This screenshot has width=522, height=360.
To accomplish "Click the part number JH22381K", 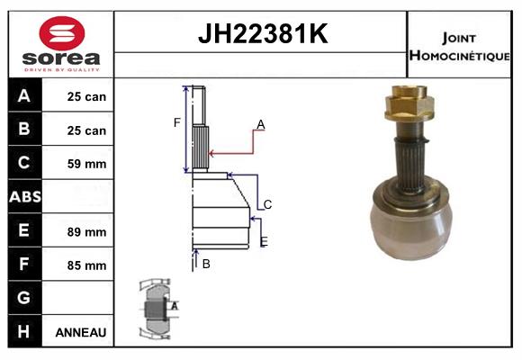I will [261, 35].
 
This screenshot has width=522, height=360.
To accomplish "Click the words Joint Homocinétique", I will [460, 45].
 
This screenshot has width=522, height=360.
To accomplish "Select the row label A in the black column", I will [24, 96].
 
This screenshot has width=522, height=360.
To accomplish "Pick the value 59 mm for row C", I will [86, 164].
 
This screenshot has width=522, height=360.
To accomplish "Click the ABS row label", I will [24, 197].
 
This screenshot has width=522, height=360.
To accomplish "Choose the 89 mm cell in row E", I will [86, 231].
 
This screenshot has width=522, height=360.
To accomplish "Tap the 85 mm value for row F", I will [86, 265].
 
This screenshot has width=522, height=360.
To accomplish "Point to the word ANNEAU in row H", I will [81, 332].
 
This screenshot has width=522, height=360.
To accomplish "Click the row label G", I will [24, 298].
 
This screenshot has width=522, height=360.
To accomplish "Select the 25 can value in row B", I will [86, 130].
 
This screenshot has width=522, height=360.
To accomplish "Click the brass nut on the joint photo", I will [410, 105].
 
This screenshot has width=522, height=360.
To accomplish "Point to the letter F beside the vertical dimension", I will [177, 122].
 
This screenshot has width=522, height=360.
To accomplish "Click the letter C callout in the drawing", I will [267, 204].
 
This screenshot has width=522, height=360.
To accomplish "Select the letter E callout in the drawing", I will [263, 241].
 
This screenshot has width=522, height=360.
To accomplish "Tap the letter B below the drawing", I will [206, 264].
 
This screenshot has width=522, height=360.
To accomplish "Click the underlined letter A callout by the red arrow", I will [260, 124].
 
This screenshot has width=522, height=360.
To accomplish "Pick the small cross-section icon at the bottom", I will [155, 308].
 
